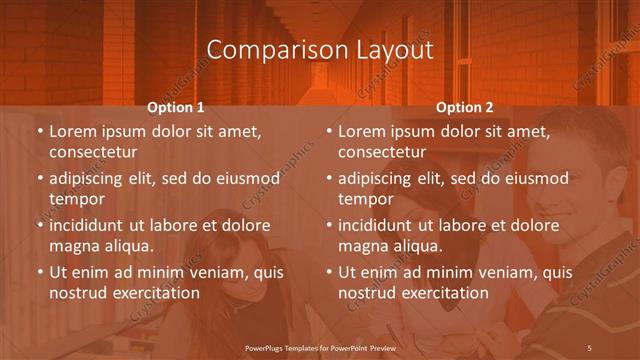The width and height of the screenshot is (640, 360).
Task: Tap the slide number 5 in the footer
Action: click(x=590, y=346)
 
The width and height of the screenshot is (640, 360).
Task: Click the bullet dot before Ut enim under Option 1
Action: click(x=40, y=272)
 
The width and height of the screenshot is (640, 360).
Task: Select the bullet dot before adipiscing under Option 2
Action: click(x=329, y=178)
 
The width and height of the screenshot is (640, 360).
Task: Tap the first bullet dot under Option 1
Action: click(x=40, y=131)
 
